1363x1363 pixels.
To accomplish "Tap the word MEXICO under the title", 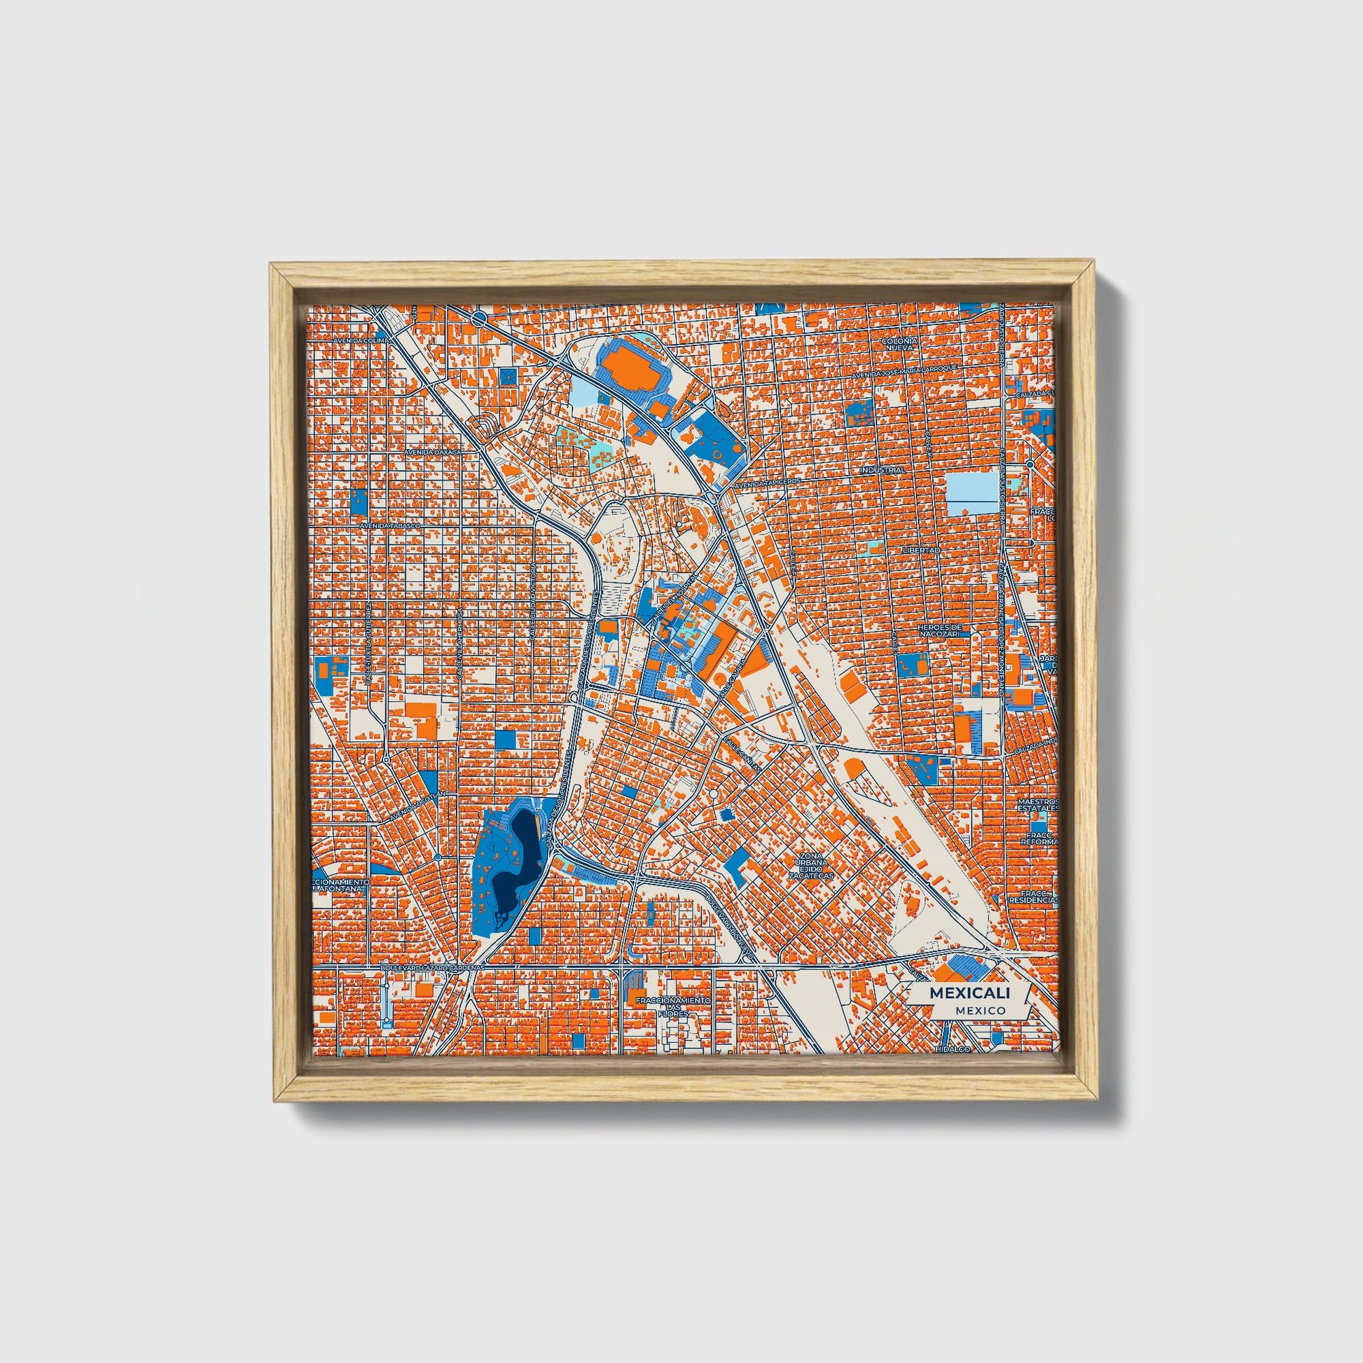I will tap(981, 1011).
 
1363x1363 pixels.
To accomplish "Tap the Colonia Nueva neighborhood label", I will tap(899, 344).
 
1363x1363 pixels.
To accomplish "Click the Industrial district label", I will tap(882, 469).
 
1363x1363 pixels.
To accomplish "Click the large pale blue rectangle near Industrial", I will tap(973, 493).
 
